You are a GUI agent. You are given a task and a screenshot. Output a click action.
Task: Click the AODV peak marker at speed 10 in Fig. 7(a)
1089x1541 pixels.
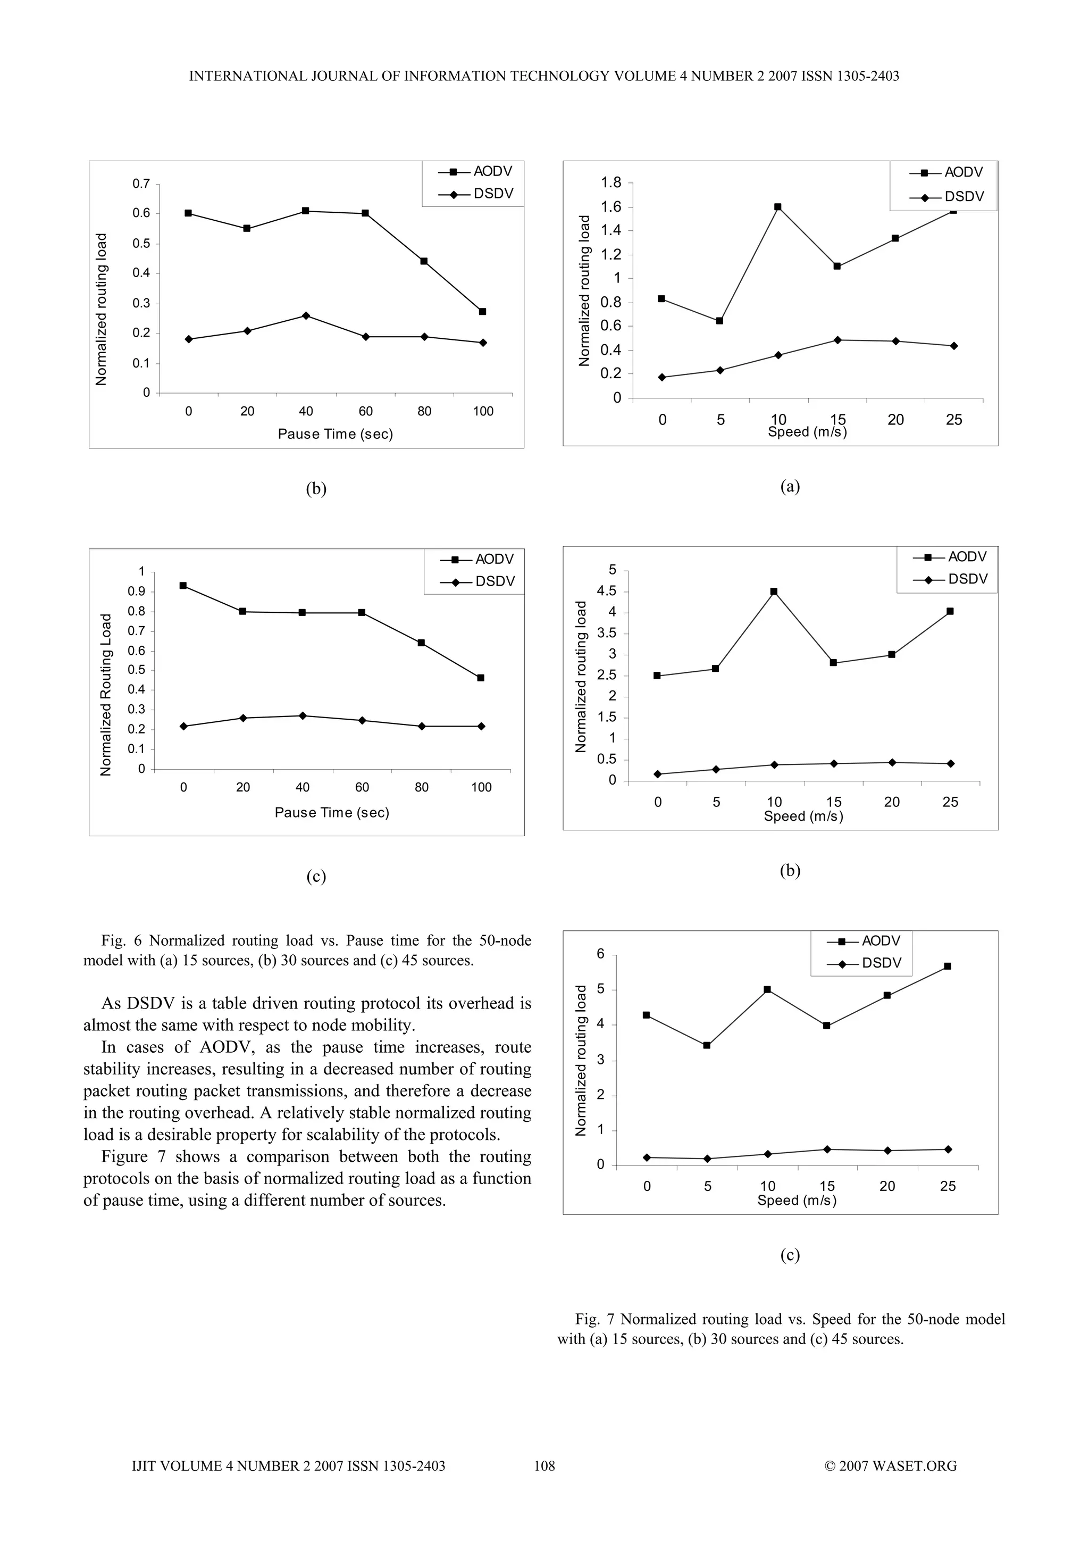(x=777, y=207)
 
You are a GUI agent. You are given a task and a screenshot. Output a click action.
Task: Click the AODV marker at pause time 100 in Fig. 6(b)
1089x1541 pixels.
(x=482, y=311)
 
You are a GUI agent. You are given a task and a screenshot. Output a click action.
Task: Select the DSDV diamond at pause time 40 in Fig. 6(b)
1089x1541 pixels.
(x=306, y=315)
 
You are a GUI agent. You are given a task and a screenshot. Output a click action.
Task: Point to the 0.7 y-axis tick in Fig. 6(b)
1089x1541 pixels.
(x=141, y=183)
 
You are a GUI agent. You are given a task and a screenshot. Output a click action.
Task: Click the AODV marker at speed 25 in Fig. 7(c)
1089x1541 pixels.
(x=948, y=967)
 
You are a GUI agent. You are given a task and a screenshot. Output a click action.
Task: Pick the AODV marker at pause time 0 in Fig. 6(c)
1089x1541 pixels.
(x=183, y=585)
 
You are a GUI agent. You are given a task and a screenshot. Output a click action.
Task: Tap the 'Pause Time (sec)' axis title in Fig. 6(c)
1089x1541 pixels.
(x=332, y=813)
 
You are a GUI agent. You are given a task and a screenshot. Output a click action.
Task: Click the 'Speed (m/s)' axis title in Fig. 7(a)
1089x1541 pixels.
(x=807, y=432)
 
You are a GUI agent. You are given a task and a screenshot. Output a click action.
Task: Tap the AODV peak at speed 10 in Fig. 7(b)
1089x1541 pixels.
(x=774, y=592)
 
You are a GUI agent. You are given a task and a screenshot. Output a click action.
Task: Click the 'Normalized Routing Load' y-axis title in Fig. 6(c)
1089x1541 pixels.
(x=105, y=695)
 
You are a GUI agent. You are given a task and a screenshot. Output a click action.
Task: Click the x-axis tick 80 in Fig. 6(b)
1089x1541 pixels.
(x=424, y=411)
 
